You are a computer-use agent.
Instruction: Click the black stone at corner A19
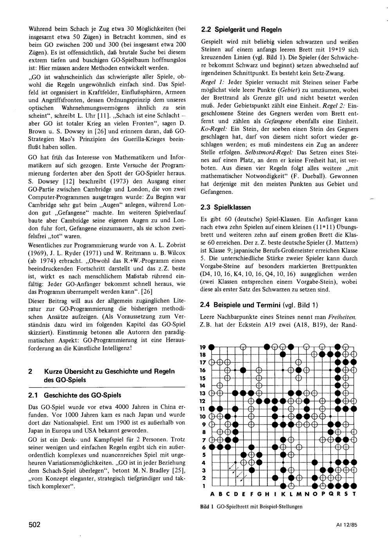coord(211,346)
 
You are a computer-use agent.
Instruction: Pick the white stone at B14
coord(219,385)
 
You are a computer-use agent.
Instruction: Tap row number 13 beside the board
coord(203,393)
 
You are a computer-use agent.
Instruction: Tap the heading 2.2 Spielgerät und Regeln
coord(241,29)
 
